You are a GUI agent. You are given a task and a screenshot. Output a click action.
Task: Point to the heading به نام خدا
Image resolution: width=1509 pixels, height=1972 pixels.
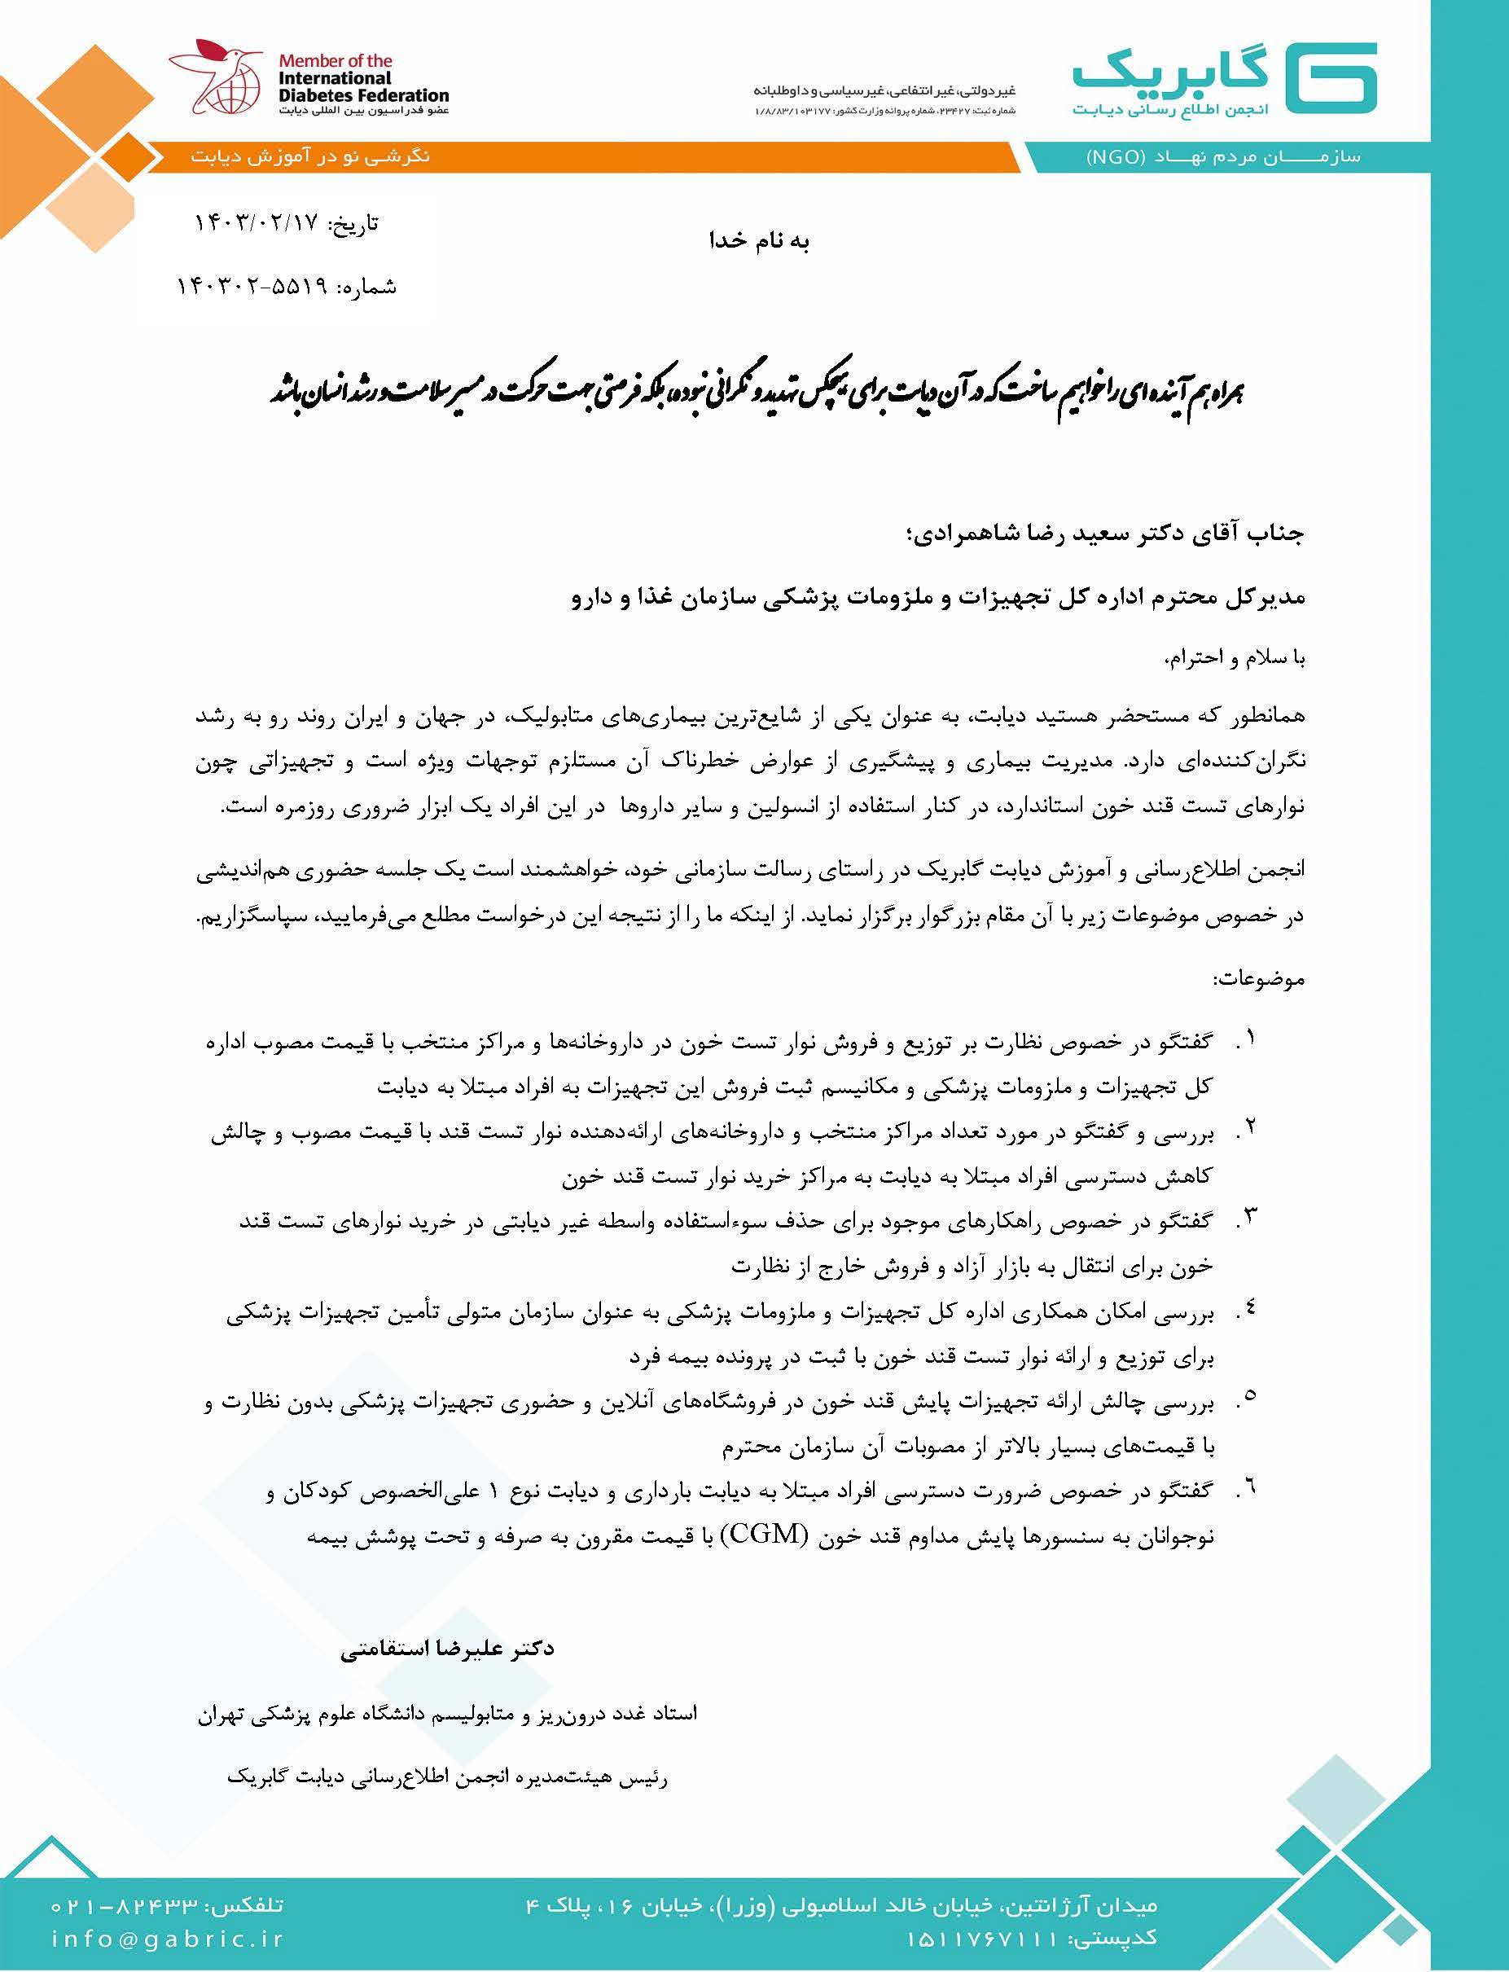pyautogui.click(x=759, y=242)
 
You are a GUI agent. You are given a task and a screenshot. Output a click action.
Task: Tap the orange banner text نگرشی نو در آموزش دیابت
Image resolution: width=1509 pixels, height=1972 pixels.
pyautogui.click(x=310, y=156)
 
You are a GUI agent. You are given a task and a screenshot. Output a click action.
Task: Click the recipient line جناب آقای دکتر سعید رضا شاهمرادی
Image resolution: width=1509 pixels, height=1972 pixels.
pyautogui.click(x=1105, y=534)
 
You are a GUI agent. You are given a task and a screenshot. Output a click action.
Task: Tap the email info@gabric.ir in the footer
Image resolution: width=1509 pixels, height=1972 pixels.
pyautogui.click(x=167, y=1939)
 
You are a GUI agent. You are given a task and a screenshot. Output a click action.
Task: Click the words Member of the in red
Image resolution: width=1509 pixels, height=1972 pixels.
pyautogui.click(x=335, y=61)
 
